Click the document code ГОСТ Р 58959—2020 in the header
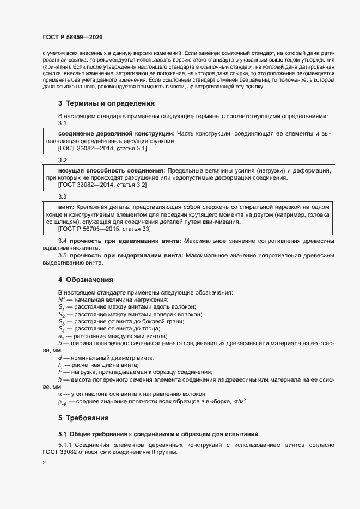click(x=72, y=37)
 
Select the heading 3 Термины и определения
click(x=99, y=103)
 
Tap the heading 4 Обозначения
click(x=86, y=280)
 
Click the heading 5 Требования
click(x=84, y=418)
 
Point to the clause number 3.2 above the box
click(x=62, y=161)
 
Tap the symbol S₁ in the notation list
click(x=62, y=308)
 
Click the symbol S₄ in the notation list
click(x=62, y=329)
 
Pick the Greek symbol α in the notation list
click(x=60, y=394)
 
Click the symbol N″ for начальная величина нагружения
click(x=62, y=300)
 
